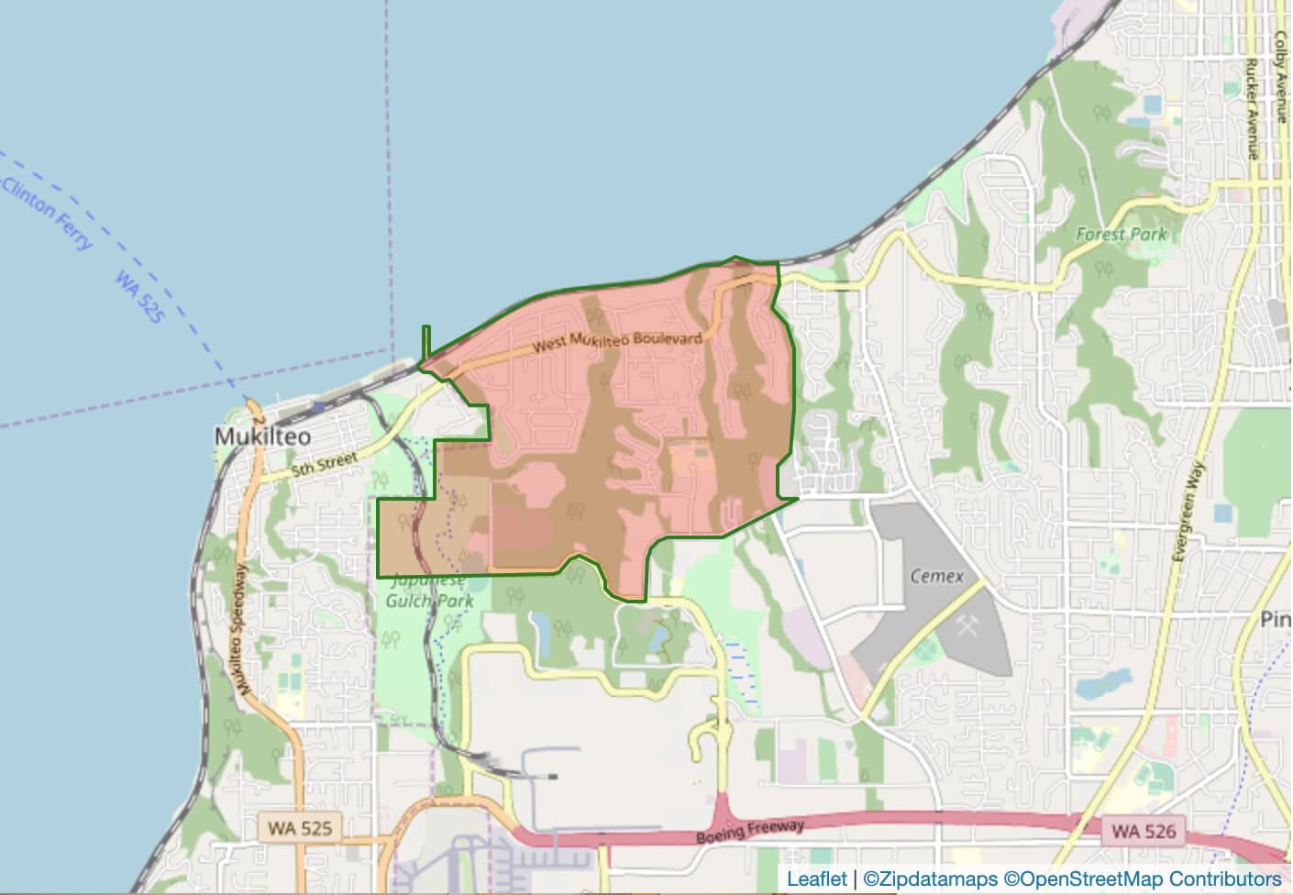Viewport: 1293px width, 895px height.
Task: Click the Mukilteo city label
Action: click(262, 436)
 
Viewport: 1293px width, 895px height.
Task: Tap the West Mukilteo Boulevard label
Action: click(618, 342)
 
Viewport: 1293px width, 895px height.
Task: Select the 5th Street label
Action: click(324, 463)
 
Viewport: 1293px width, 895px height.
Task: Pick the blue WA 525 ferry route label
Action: click(139, 295)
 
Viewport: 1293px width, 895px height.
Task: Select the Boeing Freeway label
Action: click(749, 832)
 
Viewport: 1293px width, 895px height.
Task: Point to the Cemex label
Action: click(936, 576)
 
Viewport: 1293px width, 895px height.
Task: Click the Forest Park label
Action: click(1121, 234)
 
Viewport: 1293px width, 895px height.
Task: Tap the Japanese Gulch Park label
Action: click(430, 591)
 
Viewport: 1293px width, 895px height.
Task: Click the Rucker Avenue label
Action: click(1251, 109)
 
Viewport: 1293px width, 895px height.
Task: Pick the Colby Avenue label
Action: click(1280, 77)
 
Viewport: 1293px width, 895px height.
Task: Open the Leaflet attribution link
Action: click(816, 879)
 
